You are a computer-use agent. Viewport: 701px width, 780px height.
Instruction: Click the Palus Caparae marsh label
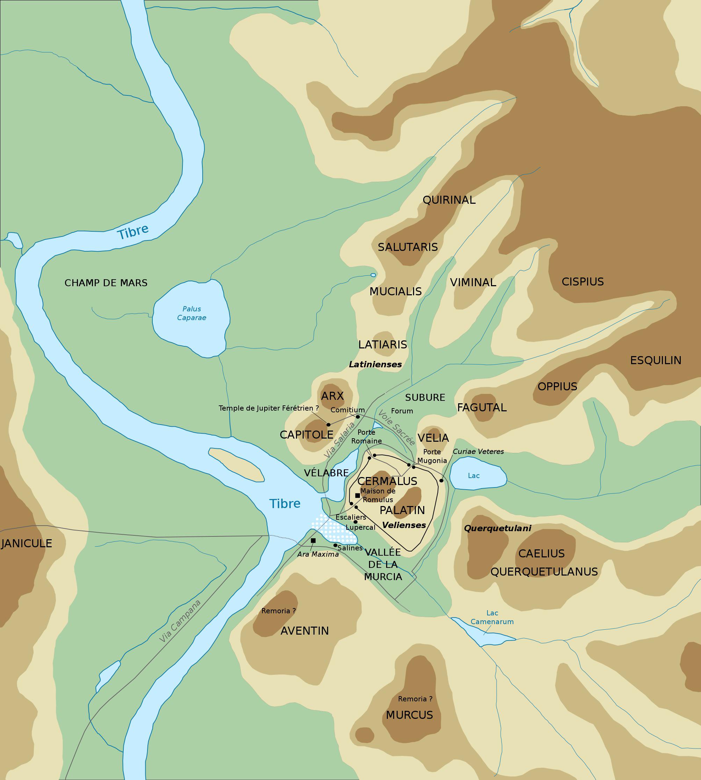191,313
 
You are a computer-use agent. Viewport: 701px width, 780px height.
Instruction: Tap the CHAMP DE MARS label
106,283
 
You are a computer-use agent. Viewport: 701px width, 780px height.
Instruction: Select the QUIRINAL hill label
449,200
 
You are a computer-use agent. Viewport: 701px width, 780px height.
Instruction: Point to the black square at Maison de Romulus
357,495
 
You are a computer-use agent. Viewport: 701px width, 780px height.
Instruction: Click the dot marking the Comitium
357,417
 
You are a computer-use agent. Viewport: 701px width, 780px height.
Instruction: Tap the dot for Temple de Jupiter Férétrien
328,425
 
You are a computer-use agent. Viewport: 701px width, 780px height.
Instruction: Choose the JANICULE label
26,543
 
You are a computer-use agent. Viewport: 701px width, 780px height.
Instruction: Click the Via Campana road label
180,621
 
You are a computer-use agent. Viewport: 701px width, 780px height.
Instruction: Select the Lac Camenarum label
492,617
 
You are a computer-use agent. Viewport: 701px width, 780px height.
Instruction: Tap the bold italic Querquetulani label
497,528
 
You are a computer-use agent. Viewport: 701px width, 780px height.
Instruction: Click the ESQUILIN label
656,361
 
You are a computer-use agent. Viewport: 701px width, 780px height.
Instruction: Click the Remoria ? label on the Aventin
279,611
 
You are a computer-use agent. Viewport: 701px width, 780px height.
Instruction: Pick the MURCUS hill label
410,715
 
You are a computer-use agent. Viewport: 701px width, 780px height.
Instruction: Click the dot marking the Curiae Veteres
441,480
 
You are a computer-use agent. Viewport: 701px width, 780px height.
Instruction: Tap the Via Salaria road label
339,440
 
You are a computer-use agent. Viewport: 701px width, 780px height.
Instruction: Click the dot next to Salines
335,545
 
